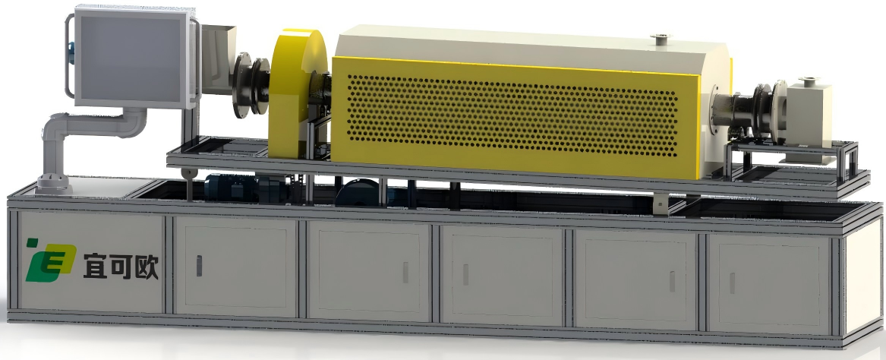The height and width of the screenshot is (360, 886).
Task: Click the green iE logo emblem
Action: (x=49, y=260)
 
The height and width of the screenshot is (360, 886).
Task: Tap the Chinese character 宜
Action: (x=95, y=267)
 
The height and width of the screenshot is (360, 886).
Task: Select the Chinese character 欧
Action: (x=146, y=267)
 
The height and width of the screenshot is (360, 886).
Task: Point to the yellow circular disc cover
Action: (x=296, y=93)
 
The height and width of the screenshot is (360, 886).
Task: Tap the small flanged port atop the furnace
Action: (x=660, y=39)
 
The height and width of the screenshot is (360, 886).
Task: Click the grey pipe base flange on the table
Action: (x=52, y=184)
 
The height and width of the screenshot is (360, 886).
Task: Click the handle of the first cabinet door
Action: (x=199, y=266)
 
